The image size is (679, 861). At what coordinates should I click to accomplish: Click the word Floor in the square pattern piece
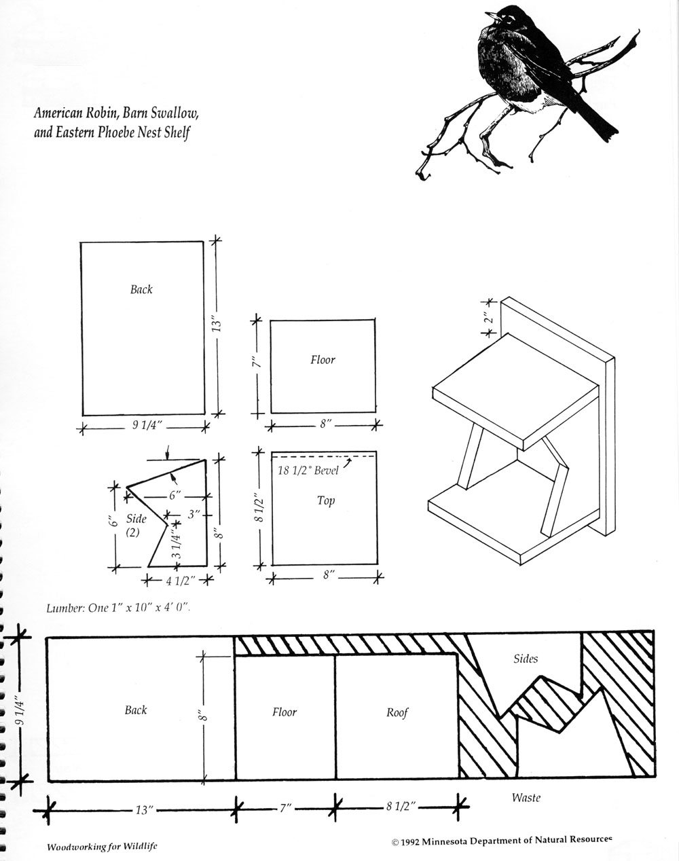click(323, 360)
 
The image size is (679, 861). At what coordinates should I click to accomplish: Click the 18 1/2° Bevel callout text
click(308, 471)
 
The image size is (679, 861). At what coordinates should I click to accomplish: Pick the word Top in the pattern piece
click(325, 501)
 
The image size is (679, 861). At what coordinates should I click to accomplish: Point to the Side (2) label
click(134, 526)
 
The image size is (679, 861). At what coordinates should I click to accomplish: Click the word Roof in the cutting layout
click(397, 712)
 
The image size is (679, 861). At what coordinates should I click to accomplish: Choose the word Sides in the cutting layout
click(526, 658)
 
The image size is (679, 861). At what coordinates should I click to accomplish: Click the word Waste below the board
click(526, 798)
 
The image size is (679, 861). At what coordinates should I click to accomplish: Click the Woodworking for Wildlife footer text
click(103, 847)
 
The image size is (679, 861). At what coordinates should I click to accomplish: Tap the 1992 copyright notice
click(502, 841)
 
